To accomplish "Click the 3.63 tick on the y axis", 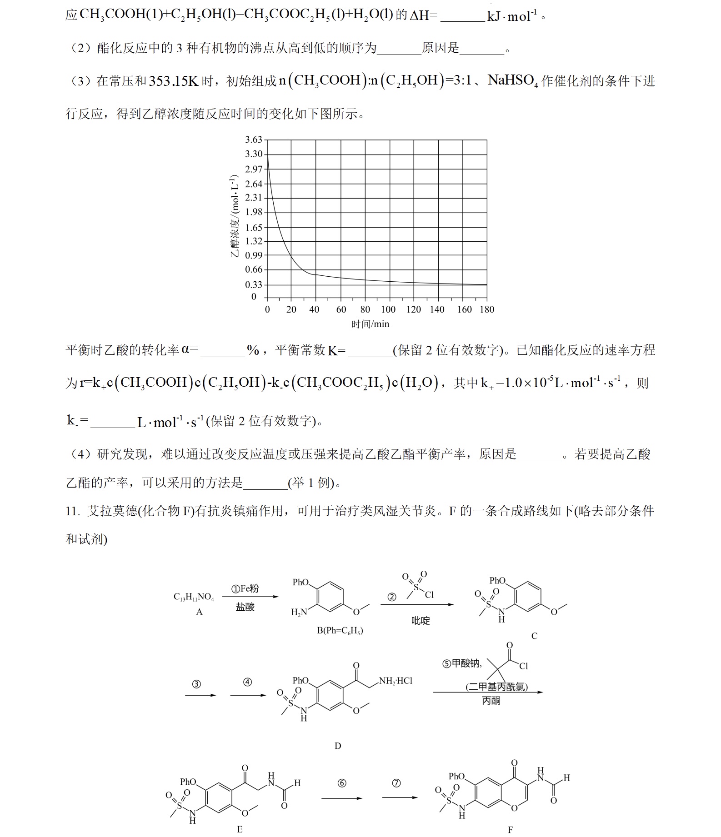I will (x=254, y=139).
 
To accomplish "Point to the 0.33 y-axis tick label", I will (x=254, y=285).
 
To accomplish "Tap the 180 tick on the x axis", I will (x=487, y=309).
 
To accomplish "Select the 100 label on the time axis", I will (x=388, y=309).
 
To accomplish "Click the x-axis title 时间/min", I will (x=370, y=324).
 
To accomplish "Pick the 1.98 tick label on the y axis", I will (x=254, y=212).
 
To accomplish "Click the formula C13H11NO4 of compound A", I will (x=194, y=597).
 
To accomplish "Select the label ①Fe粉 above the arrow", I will (x=245, y=588).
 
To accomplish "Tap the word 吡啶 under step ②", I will (x=421, y=621).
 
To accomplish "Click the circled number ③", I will (x=196, y=684).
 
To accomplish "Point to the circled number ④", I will (x=247, y=682).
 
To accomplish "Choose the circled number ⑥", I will (x=342, y=783).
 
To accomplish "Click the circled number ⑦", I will (x=396, y=783).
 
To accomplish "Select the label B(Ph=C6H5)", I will (x=340, y=631).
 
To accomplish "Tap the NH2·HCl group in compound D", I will (x=396, y=681).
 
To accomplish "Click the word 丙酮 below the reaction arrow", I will (x=491, y=701).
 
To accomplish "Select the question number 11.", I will (x=72, y=511).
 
